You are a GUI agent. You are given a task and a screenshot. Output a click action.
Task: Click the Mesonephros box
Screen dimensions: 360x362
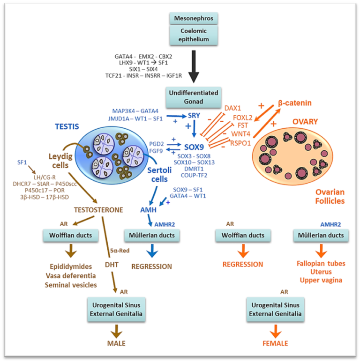tap(194, 18)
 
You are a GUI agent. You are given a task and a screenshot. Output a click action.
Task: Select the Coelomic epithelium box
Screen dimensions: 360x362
tap(194, 35)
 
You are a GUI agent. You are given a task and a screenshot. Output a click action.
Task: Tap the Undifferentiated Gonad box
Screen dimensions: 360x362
tap(194, 97)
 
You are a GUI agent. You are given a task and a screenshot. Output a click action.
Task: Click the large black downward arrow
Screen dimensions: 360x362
tap(194, 66)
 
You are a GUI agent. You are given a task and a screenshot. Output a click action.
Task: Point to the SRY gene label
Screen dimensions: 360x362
tap(194, 115)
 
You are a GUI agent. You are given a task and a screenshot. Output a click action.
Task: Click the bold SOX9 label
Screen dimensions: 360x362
tap(194, 147)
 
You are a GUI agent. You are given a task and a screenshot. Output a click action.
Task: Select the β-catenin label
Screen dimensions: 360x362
tap(294, 103)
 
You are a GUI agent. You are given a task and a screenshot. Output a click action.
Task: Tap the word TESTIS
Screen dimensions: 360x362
tap(67, 126)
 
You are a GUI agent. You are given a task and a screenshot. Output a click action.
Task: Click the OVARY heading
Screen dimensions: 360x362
tap(305, 122)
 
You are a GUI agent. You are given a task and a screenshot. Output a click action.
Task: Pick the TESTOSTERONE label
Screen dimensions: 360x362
tap(98, 210)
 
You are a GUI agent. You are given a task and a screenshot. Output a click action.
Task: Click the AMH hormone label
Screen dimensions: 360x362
tap(148, 210)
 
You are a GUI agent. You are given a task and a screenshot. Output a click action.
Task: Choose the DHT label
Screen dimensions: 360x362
tap(112, 265)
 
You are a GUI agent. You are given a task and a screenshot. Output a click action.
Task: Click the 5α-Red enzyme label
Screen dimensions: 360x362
tap(120, 251)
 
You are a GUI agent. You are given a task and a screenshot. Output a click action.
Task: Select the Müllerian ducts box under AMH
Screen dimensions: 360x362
tap(152, 236)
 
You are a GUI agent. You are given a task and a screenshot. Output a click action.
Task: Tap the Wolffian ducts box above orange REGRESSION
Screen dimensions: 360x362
tap(243, 236)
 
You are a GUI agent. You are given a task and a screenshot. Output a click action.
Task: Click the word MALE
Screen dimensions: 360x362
tap(116, 343)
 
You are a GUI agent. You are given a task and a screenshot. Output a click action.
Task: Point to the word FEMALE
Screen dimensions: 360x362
tap(275, 343)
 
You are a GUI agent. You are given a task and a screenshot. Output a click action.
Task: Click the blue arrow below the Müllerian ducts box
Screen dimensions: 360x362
tap(152, 251)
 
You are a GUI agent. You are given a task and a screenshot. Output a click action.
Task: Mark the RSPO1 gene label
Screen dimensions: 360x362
tap(240, 143)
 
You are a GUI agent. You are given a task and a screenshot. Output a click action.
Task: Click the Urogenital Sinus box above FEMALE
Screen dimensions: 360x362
tap(275, 310)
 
